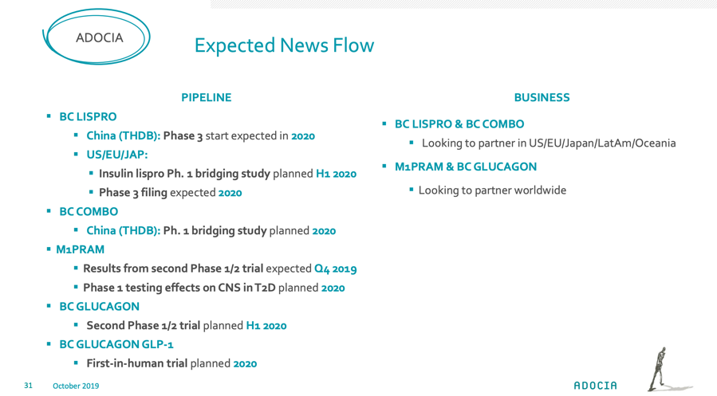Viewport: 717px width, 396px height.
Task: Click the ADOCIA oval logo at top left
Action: pyautogui.click(x=97, y=37)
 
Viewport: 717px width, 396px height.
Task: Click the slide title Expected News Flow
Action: pyautogui.click(x=284, y=45)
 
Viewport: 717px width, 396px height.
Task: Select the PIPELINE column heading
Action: pyautogui.click(x=207, y=97)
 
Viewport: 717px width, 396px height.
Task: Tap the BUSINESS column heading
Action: pyautogui.click(x=542, y=97)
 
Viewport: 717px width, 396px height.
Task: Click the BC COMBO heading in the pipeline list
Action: pyautogui.click(x=89, y=211)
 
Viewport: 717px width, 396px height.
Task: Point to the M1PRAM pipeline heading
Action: pyautogui.click(x=80, y=249)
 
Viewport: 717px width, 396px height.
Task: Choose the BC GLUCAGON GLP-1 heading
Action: pyautogui.click(x=116, y=344)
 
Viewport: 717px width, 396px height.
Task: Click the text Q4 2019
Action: pyautogui.click(x=335, y=269)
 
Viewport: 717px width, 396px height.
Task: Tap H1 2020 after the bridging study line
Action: pyautogui.click(x=336, y=174)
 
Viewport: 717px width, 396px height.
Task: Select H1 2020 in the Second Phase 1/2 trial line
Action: pyautogui.click(x=266, y=326)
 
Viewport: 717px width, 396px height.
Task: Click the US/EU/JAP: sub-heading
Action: pyautogui.click(x=117, y=155)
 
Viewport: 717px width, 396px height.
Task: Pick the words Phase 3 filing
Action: pyautogui.click(x=133, y=193)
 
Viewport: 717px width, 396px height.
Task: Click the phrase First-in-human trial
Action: pyautogui.click(x=136, y=363)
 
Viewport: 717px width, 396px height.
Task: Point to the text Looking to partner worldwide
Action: pyautogui.click(x=492, y=190)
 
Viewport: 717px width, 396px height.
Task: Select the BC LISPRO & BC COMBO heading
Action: pyautogui.click(x=459, y=124)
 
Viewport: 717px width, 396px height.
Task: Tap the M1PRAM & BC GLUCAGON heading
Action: pyautogui.click(x=466, y=167)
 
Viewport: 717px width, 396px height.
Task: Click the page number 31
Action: pyautogui.click(x=29, y=386)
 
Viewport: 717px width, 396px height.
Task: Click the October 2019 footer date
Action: pyautogui.click(x=76, y=386)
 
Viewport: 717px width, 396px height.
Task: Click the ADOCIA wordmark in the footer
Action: pyautogui.click(x=595, y=386)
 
